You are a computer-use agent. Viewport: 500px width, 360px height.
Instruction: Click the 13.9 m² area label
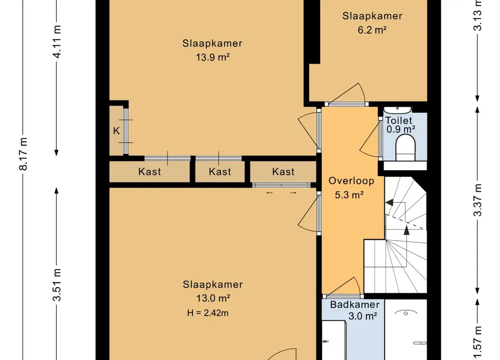tap(213, 57)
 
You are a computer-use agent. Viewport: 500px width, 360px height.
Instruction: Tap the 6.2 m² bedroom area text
tap(372, 30)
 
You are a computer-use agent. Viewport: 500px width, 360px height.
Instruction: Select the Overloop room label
tap(352, 181)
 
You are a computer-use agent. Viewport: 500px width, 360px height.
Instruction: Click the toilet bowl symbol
tap(405, 148)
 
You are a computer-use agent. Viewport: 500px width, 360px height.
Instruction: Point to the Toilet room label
tap(399, 120)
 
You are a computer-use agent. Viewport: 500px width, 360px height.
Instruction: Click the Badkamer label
tap(355, 305)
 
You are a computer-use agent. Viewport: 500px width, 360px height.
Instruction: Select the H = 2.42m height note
tap(207, 313)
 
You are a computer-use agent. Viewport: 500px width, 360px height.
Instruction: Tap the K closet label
tap(117, 131)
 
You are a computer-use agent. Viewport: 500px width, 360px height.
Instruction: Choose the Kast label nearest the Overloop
tap(283, 172)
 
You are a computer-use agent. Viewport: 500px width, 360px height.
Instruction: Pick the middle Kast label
tap(220, 172)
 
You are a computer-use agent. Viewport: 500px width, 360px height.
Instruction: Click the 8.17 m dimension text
tap(23, 154)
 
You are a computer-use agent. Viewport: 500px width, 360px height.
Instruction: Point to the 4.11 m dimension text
tap(57, 42)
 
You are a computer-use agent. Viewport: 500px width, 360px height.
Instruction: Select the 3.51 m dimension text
tap(57, 285)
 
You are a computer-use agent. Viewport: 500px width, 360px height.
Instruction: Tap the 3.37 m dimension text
tap(477, 200)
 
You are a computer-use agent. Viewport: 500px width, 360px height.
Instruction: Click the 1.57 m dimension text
tap(477, 343)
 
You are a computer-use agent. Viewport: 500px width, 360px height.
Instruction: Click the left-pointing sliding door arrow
tap(270, 193)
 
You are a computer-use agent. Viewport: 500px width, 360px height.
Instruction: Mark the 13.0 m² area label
tap(213, 298)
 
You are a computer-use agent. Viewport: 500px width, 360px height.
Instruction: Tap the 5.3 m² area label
tap(349, 195)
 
